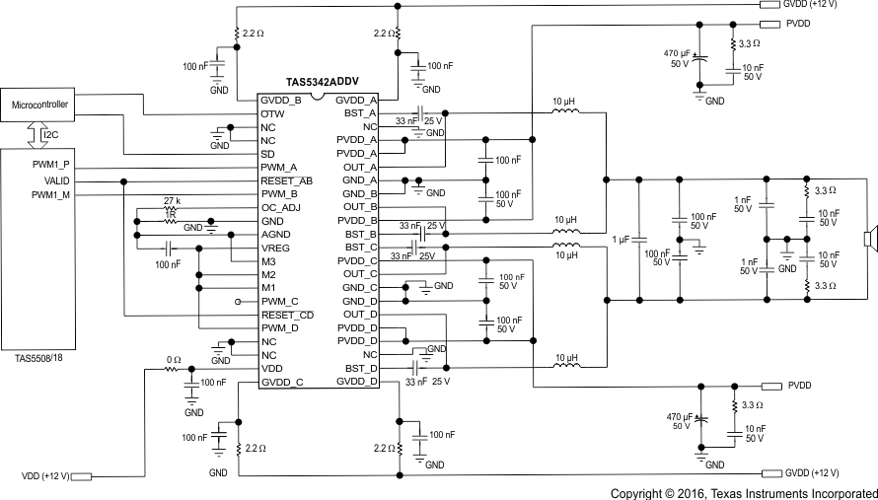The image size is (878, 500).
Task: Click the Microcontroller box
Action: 39,104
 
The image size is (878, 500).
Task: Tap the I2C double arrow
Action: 33,133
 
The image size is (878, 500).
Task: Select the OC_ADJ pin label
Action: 280,207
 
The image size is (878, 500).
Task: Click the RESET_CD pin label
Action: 286,315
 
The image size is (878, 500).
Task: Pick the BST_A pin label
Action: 359,113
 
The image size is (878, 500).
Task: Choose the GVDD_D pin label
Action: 356,382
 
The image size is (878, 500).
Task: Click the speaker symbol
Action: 869,239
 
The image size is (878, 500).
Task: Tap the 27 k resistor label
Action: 173,200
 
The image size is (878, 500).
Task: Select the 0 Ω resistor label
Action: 174,360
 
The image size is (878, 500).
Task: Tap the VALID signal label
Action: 56,180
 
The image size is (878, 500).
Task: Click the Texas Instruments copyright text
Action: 743,492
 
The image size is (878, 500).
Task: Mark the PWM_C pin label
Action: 279,301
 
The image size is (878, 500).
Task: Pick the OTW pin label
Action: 272,113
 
